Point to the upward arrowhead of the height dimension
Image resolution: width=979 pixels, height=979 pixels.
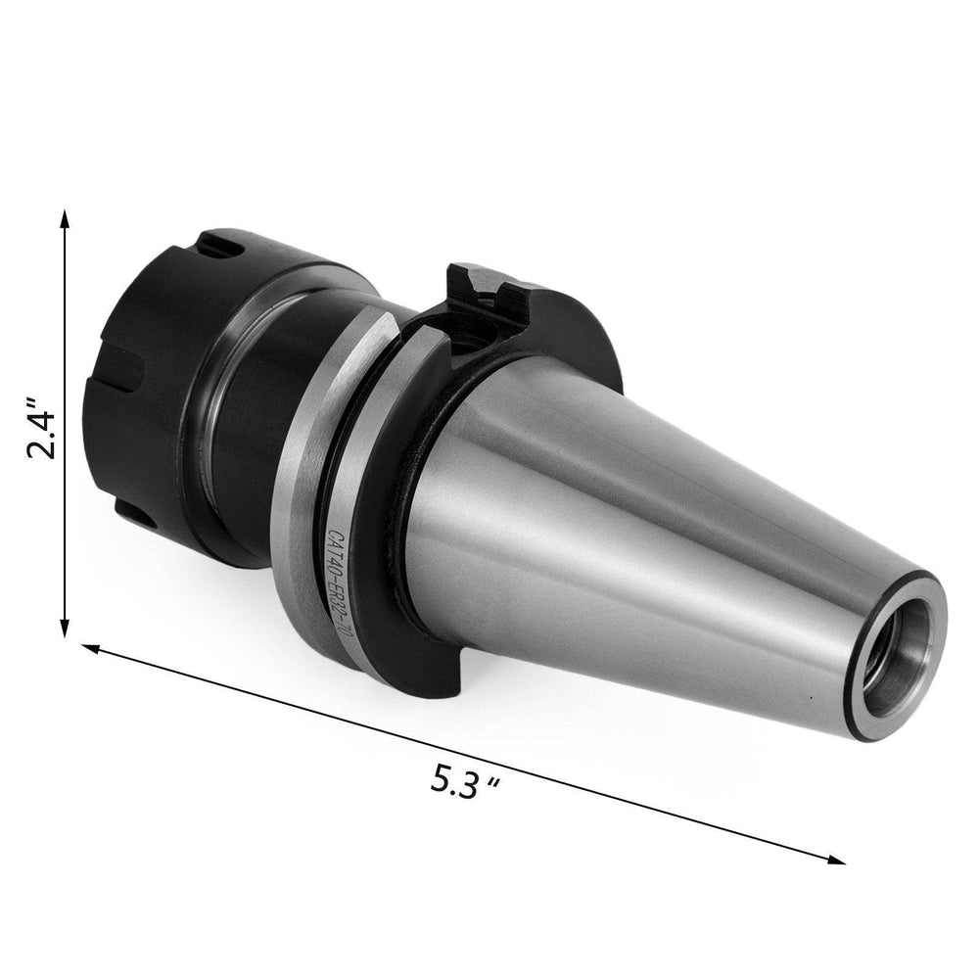pyautogui.click(x=65, y=217)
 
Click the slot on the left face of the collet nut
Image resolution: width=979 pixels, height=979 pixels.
pyautogui.click(x=132, y=372)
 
